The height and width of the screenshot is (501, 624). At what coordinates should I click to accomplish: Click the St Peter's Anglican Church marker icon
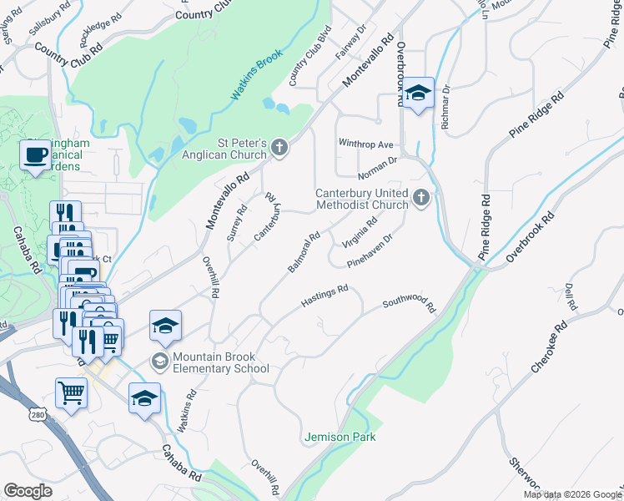point(279,149)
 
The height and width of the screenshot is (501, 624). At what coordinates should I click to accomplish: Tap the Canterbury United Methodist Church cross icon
point(421,198)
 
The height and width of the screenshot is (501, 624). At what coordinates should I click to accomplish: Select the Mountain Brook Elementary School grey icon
point(159,362)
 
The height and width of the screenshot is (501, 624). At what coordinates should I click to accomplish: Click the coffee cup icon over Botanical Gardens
point(36,156)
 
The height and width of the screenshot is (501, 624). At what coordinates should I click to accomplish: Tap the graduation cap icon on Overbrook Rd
point(420,94)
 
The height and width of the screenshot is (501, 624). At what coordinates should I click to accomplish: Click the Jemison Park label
point(340,437)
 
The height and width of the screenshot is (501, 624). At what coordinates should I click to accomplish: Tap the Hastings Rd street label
point(324,295)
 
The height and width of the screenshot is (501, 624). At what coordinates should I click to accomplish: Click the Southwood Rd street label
point(409,306)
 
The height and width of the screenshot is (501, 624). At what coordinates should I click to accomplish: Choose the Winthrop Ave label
point(365,144)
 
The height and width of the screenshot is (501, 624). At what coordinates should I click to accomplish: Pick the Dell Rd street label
point(571,296)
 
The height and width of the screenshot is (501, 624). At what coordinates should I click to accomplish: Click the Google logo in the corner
point(28,491)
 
